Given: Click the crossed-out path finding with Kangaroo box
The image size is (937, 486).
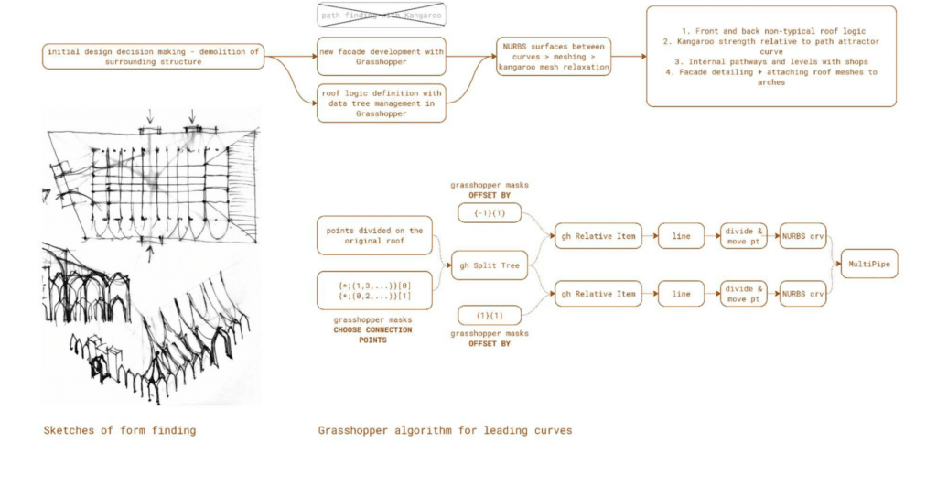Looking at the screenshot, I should [381, 16].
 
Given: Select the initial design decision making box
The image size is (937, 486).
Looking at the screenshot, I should [153, 56].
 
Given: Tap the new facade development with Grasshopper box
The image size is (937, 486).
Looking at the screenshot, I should [381, 56].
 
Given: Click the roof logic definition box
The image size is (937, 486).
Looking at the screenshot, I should [381, 103].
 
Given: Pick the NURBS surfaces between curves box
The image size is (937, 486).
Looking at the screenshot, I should [555, 56].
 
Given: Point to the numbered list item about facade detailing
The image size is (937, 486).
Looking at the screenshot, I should [770, 77].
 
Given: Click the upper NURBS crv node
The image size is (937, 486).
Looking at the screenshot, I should [802, 235].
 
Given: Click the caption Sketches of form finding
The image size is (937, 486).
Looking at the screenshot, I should [119, 429].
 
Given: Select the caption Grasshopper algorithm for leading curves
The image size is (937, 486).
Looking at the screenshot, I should [445, 429].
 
